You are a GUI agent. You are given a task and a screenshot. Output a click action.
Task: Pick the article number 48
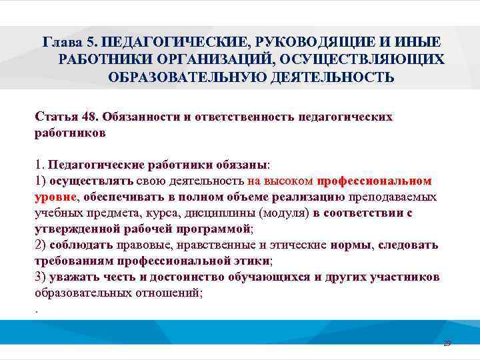click(x=90, y=117)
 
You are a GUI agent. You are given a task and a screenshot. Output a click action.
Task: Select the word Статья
click(x=57, y=117)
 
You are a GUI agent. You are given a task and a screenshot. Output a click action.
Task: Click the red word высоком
click(x=289, y=181)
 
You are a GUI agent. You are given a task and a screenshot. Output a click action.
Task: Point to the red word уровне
click(x=56, y=197)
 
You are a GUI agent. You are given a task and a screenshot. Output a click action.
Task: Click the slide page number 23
click(x=447, y=343)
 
